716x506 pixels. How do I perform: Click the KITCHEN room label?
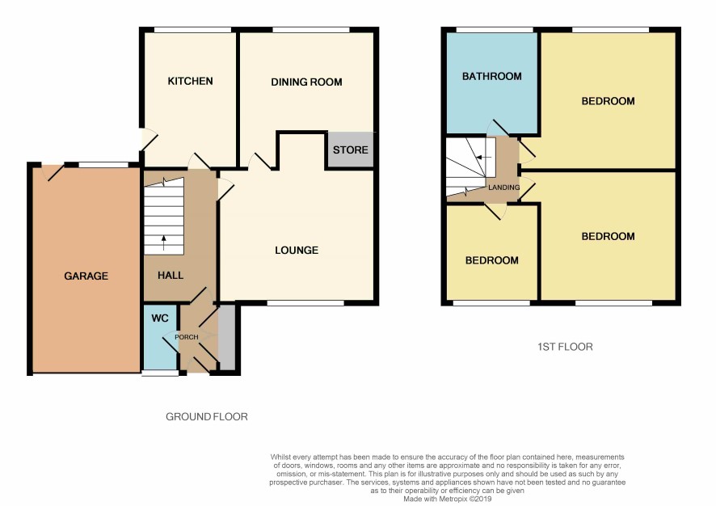(190, 82)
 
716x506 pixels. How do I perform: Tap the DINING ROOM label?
(306, 82)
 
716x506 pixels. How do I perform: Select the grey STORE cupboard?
(350, 150)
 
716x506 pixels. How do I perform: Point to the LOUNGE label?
(297, 251)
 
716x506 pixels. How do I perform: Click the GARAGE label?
(86, 276)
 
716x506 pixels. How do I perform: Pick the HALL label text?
(171, 276)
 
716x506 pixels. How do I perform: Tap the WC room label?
(160, 318)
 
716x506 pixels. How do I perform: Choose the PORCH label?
(187, 337)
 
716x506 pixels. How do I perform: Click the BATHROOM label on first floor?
(492, 76)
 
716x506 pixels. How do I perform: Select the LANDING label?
(503, 188)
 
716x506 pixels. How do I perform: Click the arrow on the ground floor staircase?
(163, 243)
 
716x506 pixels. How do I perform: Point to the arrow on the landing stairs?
(482, 157)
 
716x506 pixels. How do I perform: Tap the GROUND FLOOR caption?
(206, 416)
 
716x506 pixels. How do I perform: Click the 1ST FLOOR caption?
(565, 347)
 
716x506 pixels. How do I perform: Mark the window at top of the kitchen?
(192, 30)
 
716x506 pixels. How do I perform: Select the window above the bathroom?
(495, 30)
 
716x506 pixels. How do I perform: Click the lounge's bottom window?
(305, 303)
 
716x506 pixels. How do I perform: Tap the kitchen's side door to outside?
(149, 139)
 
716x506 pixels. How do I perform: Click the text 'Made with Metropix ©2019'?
(447, 500)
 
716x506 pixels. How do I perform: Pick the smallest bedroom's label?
(492, 260)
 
